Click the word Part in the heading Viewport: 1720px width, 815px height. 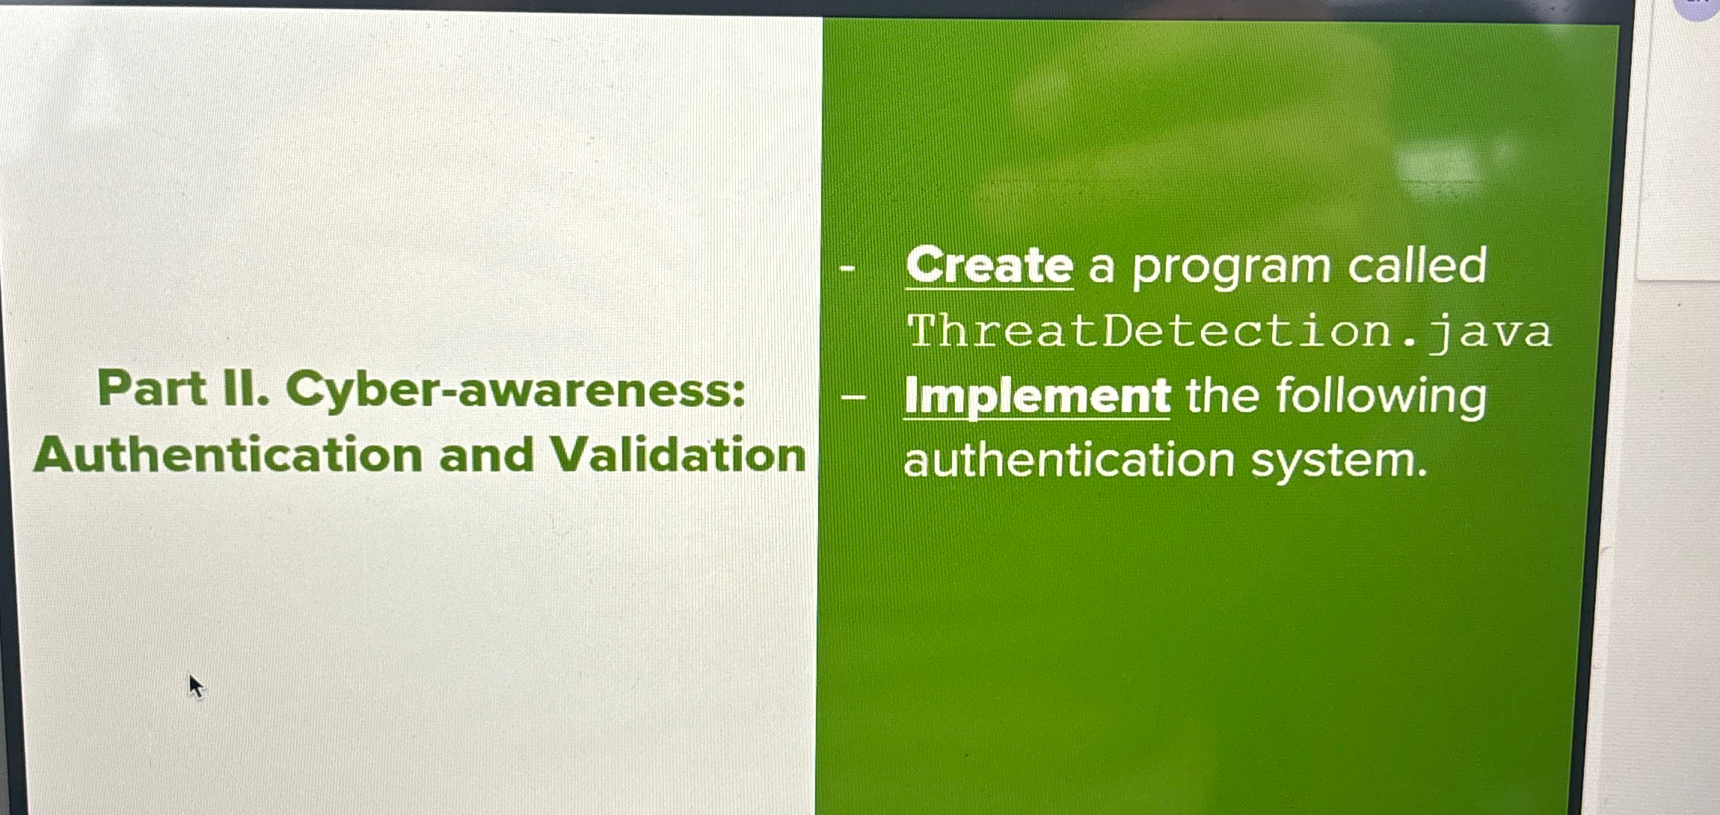tap(152, 390)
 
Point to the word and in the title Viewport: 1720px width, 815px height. tap(487, 455)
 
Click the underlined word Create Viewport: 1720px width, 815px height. tap(989, 265)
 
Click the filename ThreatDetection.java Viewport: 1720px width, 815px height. tap(1229, 331)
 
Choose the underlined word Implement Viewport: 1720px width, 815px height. tap(1037, 396)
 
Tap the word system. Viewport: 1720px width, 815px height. tap(1339, 461)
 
